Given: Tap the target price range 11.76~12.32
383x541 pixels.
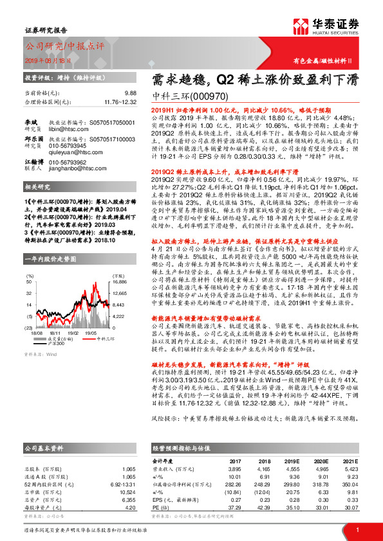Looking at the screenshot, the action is coord(120,102).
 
